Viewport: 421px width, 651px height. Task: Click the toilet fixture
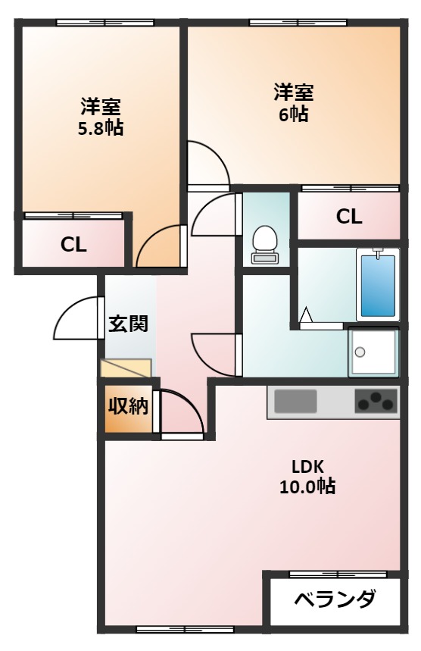[264, 245]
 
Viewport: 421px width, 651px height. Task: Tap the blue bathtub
[378, 285]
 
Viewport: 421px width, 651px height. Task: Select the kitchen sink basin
[296, 402]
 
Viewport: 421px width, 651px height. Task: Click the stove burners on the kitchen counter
[376, 402]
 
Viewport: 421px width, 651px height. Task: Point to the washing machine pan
[373, 352]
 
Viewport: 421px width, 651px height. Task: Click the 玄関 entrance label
[128, 324]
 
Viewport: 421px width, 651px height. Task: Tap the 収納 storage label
[128, 406]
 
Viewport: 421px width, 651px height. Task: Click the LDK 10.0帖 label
[307, 477]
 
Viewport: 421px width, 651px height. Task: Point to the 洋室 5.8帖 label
[101, 117]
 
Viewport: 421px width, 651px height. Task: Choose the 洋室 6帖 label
[293, 103]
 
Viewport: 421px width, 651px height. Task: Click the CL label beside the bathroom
[349, 216]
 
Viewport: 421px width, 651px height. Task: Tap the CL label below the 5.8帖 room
[73, 245]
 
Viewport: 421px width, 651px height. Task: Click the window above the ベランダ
[338, 574]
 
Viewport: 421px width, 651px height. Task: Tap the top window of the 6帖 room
[298, 23]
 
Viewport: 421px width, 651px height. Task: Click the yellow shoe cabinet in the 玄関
[126, 368]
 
